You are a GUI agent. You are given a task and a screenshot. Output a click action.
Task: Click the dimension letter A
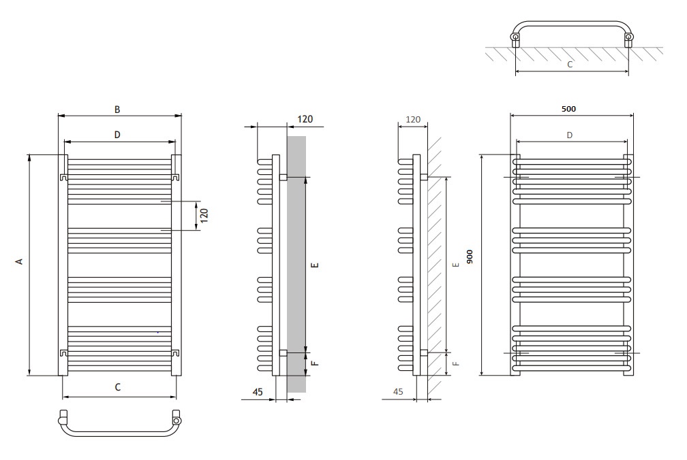tap(19, 261)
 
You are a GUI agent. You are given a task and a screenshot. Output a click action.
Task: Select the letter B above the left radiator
tap(117, 110)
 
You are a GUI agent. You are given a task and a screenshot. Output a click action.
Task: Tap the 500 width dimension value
tap(568, 109)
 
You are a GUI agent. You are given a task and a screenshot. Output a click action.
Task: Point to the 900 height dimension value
tap(470, 257)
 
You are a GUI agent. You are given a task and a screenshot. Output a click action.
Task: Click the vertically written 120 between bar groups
tap(204, 216)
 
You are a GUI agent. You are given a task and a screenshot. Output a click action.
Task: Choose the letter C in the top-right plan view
tap(570, 64)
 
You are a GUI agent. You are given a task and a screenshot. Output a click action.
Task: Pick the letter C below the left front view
tap(117, 387)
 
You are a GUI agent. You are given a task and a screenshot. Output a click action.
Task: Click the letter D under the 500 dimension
tap(570, 135)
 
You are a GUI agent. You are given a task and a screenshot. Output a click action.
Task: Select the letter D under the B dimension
tap(117, 135)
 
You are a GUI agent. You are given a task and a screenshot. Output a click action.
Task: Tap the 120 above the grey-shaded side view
tap(305, 119)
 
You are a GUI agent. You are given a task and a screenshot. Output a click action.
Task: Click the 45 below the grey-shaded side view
tap(258, 392)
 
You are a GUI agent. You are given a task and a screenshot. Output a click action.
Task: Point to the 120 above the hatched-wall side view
tap(413, 119)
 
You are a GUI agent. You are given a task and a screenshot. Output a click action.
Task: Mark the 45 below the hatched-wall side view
tap(398, 392)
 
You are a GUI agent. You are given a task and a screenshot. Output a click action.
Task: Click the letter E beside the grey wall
tap(315, 265)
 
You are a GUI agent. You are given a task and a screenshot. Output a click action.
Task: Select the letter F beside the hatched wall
tap(456, 363)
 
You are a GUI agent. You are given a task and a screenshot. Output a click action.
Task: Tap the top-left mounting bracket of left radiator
tap(63, 177)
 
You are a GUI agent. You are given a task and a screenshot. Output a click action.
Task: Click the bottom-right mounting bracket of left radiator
tap(175, 352)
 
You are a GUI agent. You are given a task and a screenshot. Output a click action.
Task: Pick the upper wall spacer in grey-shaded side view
tap(283, 177)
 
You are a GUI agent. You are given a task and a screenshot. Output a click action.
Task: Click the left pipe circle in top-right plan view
tap(516, 38)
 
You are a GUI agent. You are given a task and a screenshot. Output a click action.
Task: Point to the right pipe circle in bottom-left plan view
tap(177, 421)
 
